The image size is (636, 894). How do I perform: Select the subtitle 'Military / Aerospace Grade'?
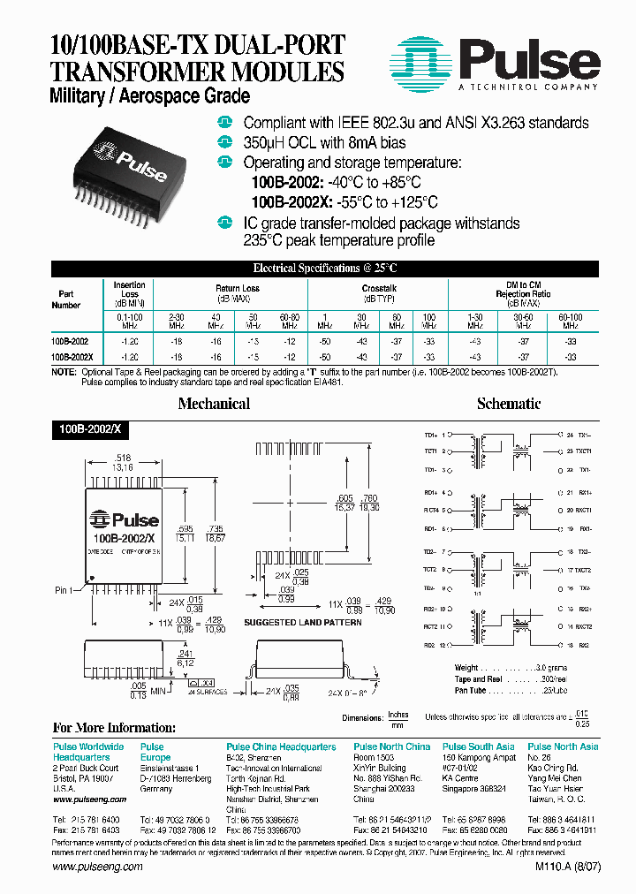pos(151,96)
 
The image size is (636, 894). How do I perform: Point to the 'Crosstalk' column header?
pos(379,289)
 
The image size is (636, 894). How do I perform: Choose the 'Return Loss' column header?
pos(237,289)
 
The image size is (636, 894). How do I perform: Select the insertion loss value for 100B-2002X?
pos(129,357)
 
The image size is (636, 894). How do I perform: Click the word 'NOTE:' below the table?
pos(64,373)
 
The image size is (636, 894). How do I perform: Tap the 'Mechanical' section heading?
pos(214,404)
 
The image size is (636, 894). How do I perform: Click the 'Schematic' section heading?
pos(508,404)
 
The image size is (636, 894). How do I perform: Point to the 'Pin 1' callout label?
pos(66,589)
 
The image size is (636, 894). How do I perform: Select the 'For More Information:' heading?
pos(115,728)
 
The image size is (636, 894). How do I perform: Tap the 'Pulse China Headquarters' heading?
pos(281,746)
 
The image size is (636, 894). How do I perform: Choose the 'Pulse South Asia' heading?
pos(478,746)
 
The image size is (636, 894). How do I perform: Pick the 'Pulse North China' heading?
pos(391,746)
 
